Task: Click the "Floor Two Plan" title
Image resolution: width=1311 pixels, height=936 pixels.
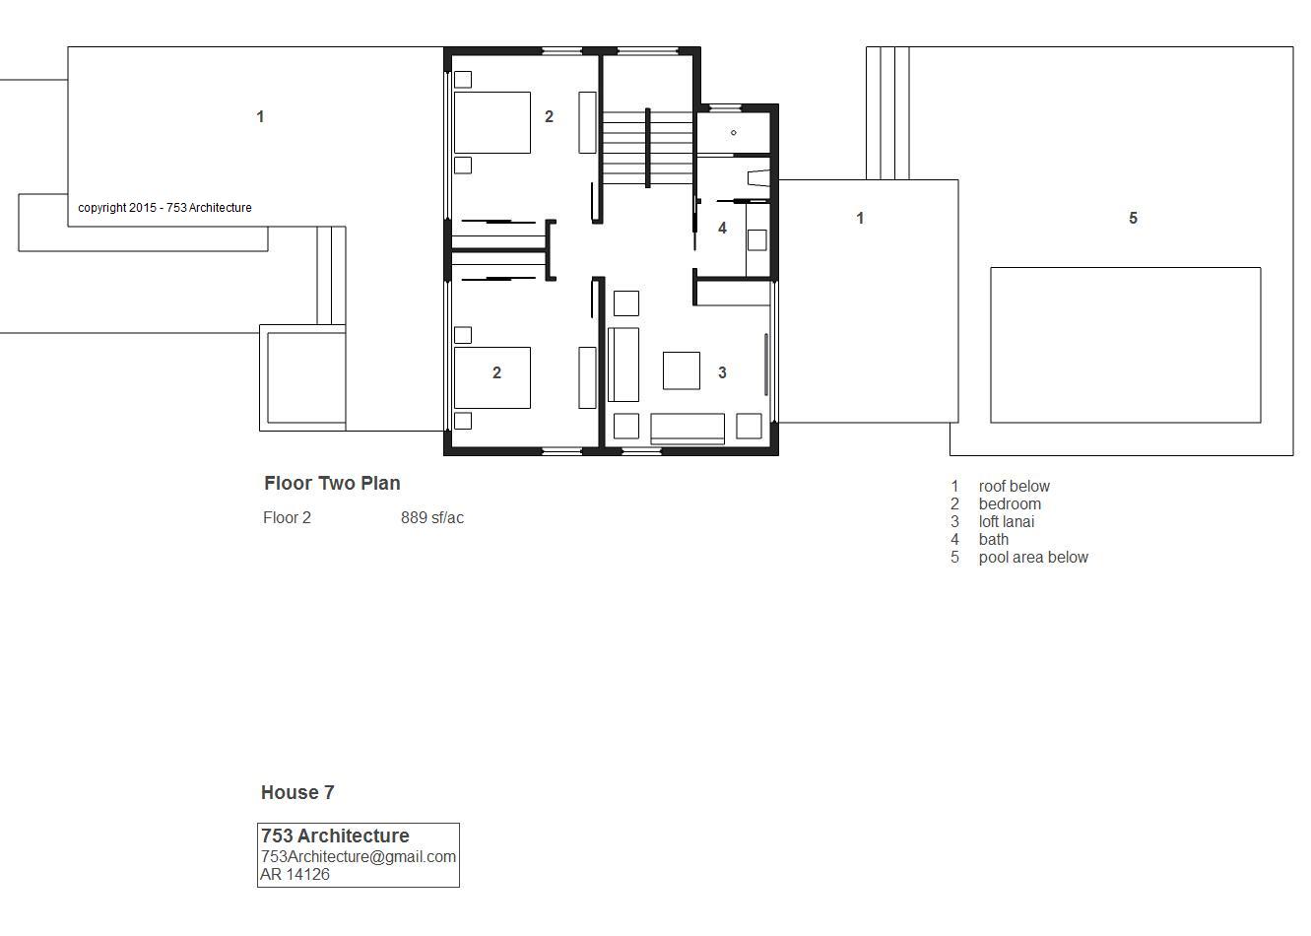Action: pyautogui.click(x=332, y=483)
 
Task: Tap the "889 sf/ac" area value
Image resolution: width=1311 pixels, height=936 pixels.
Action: pyautogui.click(x=432, y=517)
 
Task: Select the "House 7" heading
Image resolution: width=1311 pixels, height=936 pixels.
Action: pyautogui.click(x=297, y=792)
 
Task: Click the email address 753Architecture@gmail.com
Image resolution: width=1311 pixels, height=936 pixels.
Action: pyautogui.click(x=359, y=856)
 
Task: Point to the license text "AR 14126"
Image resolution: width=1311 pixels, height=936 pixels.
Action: pyautogui.click(x=295, y=874)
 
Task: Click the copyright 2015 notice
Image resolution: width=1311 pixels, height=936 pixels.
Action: pyautogui.click(x=164, y=207)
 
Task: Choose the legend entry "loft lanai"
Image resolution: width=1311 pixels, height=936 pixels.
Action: pyautogui.click(x=1006, y=521)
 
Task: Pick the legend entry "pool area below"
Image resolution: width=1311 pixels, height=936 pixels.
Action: pyautogui.click(x=1033, y=558)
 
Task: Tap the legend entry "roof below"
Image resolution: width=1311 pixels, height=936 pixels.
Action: pyautogui.click(x=1015, y=486)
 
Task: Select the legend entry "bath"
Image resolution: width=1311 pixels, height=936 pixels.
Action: pyautogui.click(x=993, y=539)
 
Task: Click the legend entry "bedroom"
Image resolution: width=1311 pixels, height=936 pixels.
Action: pyautogui.click(x=1010, y=503)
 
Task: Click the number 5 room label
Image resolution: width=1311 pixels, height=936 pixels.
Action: pyautogui.click(x=1133, y=218)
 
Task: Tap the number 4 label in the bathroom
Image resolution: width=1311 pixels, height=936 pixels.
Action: pyautogui.click(x=722, y=228)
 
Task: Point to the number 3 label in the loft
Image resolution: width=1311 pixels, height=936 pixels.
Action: pyautogui.click(x=722, y=372)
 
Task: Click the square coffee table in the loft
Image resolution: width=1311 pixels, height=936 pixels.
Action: pyautogui.click(x=682, y=370)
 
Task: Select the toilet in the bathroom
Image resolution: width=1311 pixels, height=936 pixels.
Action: pyautogui.click(x=758, y=178)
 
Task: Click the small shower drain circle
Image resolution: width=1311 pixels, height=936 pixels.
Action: pyautogui.click(x=734, y=133)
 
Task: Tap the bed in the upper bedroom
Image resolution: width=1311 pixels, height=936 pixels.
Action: pyautogui.click(x=492, y=122)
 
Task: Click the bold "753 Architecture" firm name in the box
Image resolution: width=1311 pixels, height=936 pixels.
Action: pyautogui.click(x=335, y=836)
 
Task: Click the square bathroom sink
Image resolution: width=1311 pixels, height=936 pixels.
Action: pyautogui.click(x=756, y=240)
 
